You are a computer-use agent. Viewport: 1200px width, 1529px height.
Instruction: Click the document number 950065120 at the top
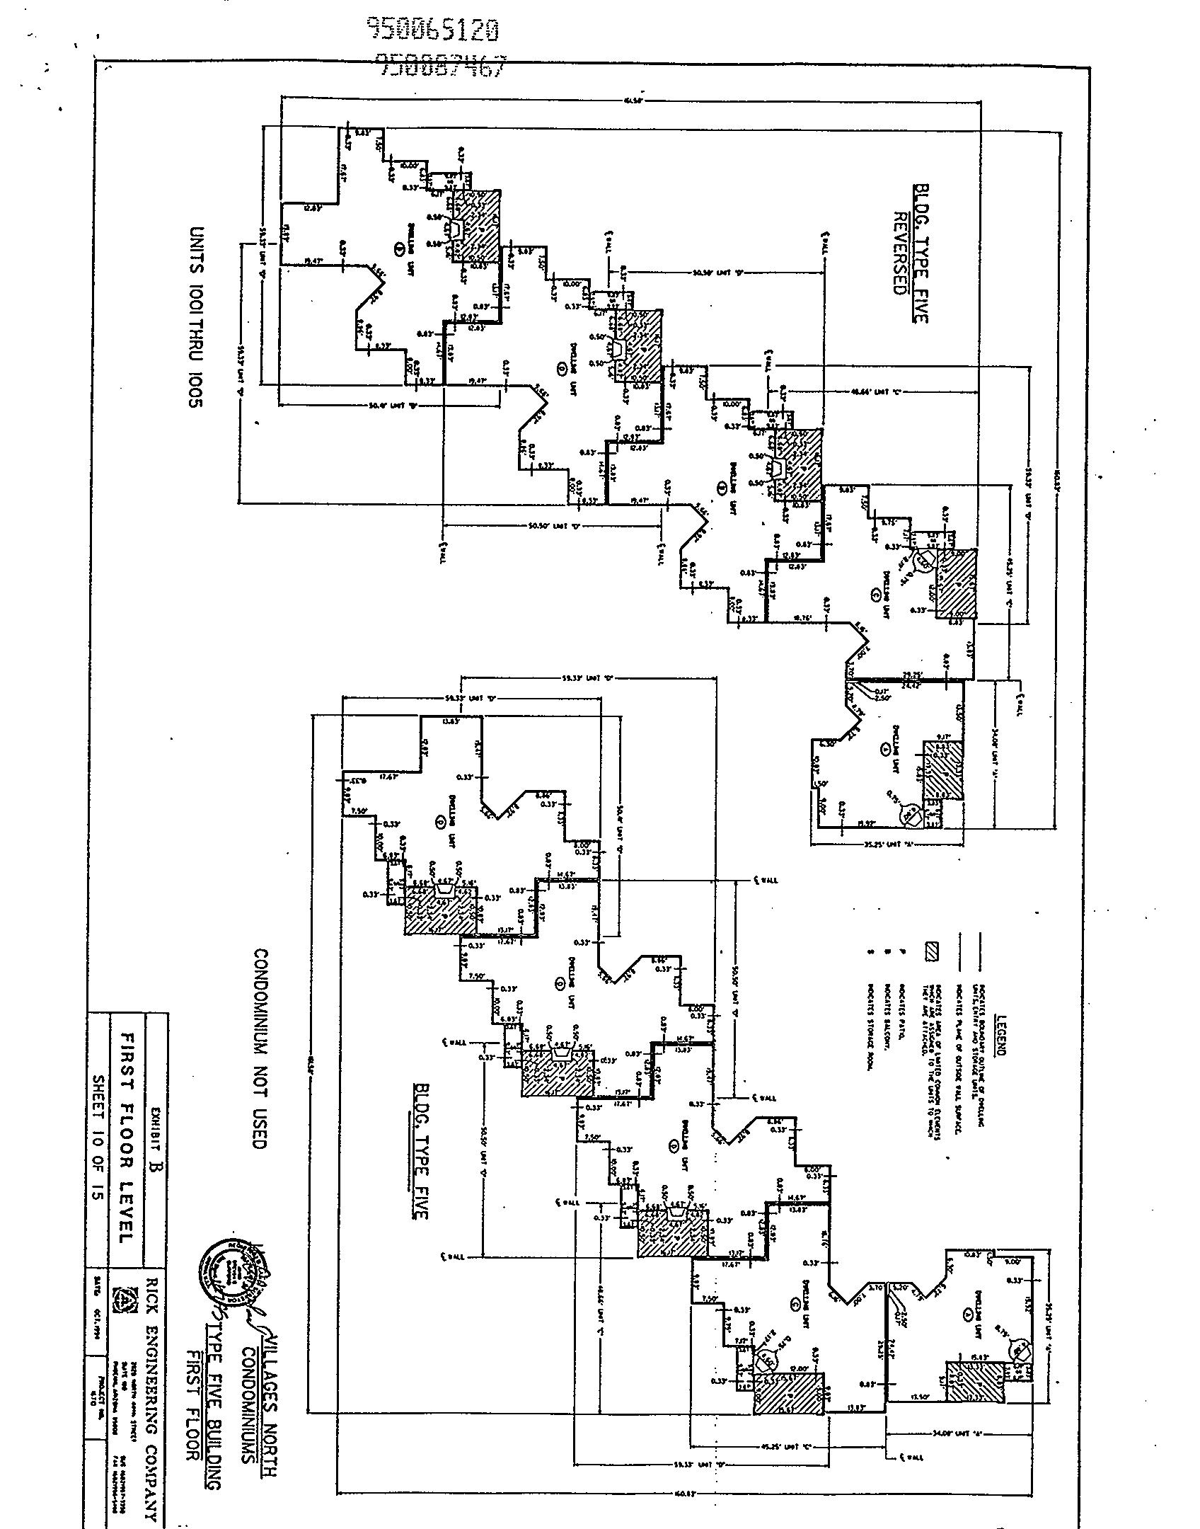click(x=434, y=30)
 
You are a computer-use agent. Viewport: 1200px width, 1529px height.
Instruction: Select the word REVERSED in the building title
click(x=900, y=253)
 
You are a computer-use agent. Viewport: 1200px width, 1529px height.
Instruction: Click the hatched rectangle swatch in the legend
click(x=931, y=953)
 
